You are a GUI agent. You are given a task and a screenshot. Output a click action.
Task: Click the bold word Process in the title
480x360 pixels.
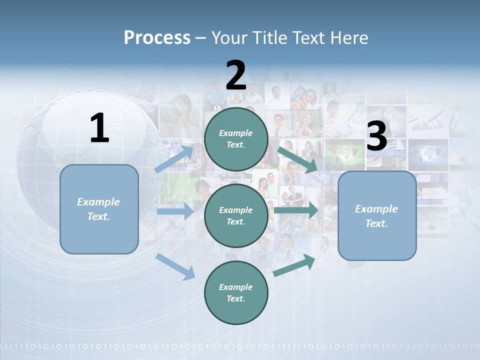tap(157, 37)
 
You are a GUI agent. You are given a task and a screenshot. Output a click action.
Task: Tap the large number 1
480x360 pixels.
tap(99, 128)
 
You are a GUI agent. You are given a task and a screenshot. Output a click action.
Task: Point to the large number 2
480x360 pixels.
tap(236, 75)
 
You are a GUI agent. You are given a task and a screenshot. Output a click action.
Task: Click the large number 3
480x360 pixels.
tap(376, 136)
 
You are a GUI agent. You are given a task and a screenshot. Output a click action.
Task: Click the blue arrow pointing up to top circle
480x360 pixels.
tap(174, 159)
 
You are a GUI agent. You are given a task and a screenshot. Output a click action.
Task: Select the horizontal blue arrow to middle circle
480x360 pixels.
tap(175, 211)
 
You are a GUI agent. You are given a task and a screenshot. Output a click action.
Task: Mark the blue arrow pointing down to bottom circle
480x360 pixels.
tap(175, 266)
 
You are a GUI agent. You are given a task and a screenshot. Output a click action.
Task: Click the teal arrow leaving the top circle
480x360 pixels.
tap(297, 159)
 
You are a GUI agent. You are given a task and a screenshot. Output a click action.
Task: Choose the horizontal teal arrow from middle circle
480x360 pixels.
tap(296, 210)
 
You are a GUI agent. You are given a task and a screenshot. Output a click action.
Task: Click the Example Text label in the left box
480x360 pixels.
tap(98, 209)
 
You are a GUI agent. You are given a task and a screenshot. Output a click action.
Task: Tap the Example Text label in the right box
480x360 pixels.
tap(376, 216)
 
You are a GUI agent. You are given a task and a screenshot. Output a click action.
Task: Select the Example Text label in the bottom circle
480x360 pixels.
tap(235, 292)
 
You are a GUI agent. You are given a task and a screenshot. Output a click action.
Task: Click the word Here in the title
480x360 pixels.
tap(349, 37)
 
